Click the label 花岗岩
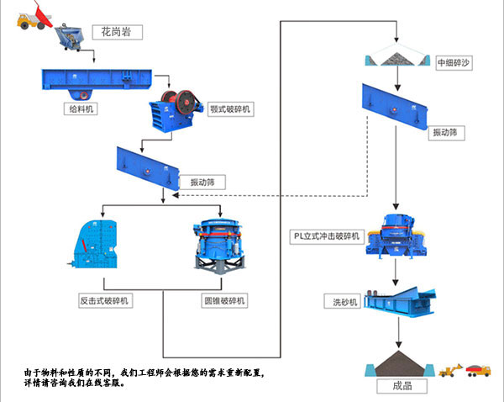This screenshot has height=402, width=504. click(117, 32)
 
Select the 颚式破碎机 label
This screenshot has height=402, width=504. click(228, 109)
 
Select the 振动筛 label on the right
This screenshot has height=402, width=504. click(445, 133)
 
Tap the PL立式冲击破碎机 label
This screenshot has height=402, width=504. click(327, 236)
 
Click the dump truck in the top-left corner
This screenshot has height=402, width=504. click(31, 15)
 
